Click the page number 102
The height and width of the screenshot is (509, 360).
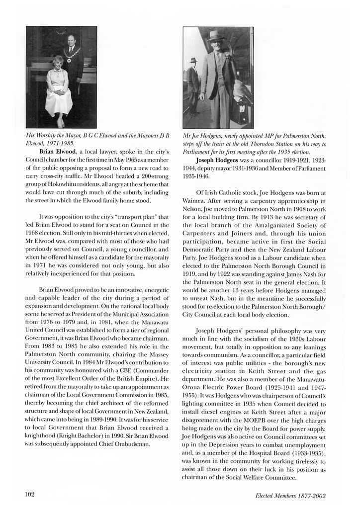pos(29,494)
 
